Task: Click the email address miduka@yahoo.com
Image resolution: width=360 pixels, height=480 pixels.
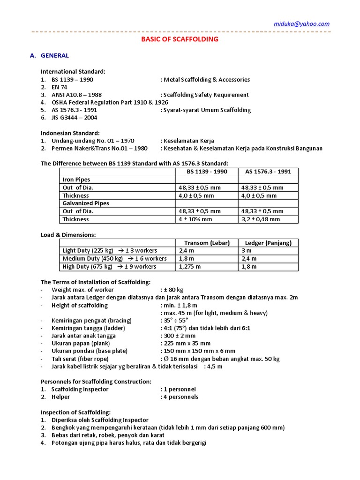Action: [302, 24]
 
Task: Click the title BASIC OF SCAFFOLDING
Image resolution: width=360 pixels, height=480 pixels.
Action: [180, 39]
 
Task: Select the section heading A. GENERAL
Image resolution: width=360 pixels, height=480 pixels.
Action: [49, 55]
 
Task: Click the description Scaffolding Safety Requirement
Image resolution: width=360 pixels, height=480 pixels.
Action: [205, 95]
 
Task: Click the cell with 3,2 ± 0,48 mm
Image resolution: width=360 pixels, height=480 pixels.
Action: [260, 219]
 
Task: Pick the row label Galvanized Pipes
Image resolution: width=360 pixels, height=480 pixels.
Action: [86, 203]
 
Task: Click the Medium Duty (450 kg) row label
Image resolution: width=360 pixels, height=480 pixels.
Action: [92, 259]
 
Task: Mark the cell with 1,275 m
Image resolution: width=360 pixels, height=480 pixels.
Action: [190, 267]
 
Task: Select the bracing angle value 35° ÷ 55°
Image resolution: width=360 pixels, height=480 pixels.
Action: [176, 320]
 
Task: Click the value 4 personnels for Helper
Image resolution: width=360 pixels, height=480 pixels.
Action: [180, 397]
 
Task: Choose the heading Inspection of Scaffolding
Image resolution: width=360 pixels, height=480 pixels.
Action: [75, 412]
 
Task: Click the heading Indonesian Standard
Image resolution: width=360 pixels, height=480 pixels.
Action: [70, 133]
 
